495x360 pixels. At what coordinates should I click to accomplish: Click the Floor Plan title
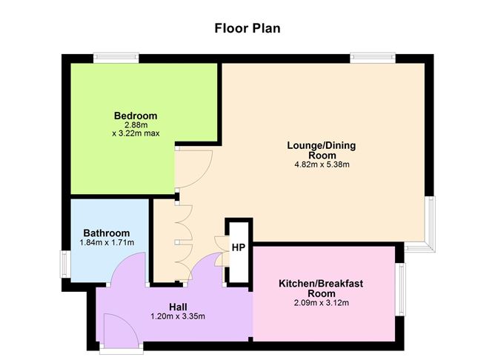(247, 28)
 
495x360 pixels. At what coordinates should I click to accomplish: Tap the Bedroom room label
(136, 116)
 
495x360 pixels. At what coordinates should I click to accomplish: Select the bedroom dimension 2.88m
(136, 125)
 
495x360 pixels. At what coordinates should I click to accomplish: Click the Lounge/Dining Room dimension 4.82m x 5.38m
(322, 164)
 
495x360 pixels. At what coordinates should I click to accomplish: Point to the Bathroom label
(107, 233)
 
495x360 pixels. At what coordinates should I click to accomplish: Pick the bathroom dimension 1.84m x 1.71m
(107, 243)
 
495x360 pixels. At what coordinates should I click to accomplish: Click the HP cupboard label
(239, 247)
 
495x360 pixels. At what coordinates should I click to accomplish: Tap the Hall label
(178, 307)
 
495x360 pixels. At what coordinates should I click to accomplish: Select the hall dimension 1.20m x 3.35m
(178, 316)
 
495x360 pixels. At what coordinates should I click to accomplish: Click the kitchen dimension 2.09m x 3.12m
(322, 303)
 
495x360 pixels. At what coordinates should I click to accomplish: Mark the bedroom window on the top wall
(116, 58)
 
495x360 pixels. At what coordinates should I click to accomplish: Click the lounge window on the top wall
(373, 58)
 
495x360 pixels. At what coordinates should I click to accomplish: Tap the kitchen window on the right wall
(400, 290)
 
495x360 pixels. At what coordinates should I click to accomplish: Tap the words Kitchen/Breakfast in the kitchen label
(321, 283)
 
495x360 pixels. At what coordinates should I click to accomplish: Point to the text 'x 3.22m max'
(136, 133)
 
